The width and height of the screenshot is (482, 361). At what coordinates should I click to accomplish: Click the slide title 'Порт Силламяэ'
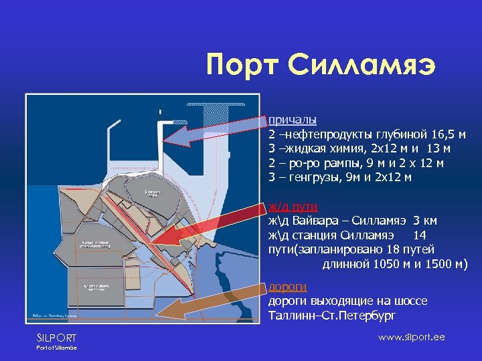pyautogui.click(x=321, y=66)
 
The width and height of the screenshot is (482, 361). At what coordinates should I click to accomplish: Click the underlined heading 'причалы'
pyautogui.click(x=288, y=120)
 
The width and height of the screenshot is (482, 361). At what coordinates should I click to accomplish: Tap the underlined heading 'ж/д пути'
pyautogui.click(x=284, y=206)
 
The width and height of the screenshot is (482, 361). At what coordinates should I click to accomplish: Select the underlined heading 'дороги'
pyautogui.click(x=288, y=287)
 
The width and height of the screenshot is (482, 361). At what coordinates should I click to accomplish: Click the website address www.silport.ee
pyautogui.click(x=411, y=337)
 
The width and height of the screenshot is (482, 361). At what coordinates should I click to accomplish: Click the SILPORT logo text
pyautogui.click(x=57, y=338)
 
